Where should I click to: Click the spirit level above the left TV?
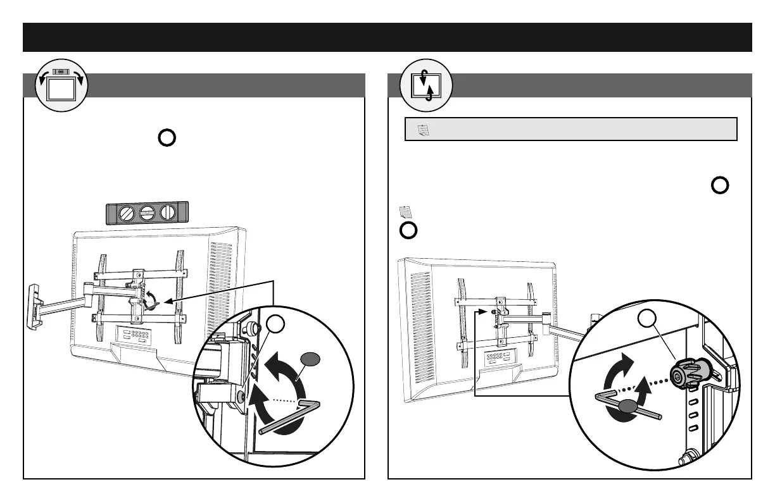[x=147, y=213]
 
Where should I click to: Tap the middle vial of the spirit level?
[x=148, y=213]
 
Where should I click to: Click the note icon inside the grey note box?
[x=424, y=130]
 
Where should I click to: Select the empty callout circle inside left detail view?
[x=277, y=325]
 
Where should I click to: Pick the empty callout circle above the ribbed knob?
[x=646, y=319]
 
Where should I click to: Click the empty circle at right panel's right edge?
[x=720, y=185]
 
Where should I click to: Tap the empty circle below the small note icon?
[x=408, y=230]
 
